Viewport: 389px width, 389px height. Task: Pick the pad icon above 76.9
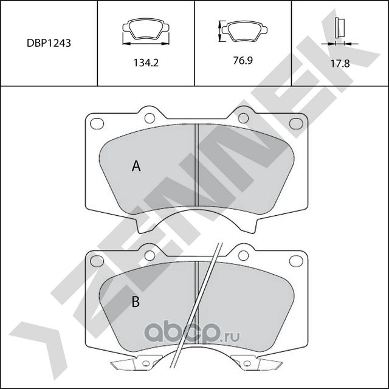point(243,30)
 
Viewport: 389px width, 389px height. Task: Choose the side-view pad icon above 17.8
point(340,29)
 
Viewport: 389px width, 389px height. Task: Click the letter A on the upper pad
point(137,166)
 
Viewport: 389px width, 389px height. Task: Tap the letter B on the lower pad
point(137,301)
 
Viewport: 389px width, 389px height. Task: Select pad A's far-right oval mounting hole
point(295,123)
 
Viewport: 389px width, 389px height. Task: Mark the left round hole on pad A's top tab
point(149,117)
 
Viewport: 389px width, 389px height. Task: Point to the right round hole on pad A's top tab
point(243,117)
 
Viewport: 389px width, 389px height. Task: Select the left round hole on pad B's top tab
point(149,254)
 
